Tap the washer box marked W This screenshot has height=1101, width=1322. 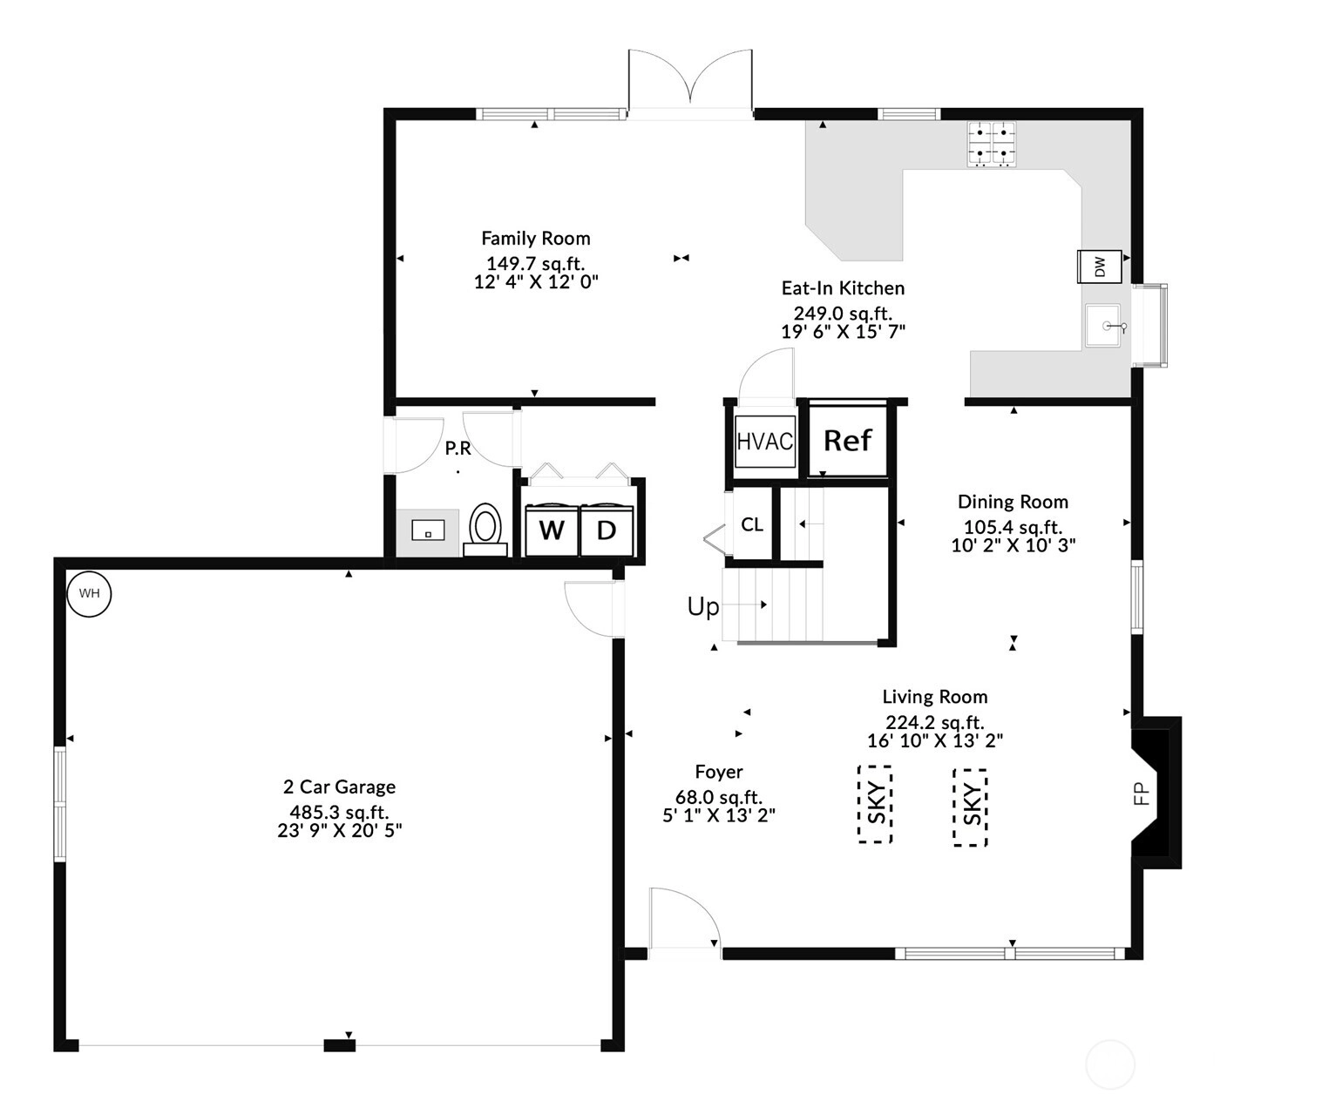552,530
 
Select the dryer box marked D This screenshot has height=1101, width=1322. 607,530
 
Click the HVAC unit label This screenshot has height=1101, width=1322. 765,441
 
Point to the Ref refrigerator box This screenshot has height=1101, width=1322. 848,441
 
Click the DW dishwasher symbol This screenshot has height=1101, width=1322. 1100,267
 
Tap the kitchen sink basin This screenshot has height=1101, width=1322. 1103,326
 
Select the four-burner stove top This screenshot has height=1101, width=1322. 992,145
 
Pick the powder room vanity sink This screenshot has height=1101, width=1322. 428,530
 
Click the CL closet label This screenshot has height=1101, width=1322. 752,524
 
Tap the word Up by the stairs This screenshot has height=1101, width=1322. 703,607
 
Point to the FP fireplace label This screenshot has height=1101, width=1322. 1141,794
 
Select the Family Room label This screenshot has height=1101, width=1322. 536,239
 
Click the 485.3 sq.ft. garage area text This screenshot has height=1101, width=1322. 339,813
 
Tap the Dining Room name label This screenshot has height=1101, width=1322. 1013,503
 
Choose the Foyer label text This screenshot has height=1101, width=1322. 719,773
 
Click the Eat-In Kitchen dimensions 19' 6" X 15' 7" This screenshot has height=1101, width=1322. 844,332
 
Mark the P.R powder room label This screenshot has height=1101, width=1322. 458,449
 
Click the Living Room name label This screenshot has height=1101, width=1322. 935,698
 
